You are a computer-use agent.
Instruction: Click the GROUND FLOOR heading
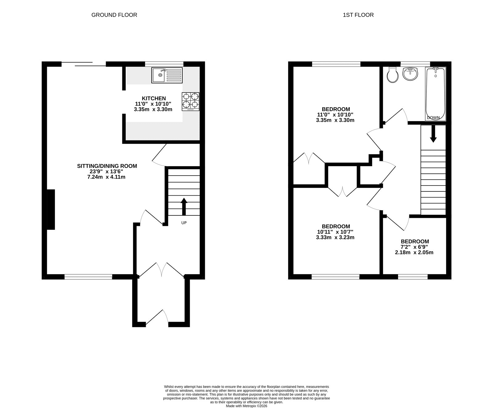coord(114,15)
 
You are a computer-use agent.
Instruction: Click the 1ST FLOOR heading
coord(358,15)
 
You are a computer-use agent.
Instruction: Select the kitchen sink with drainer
coord(167,75)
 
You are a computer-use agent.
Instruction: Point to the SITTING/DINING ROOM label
coord(107,166)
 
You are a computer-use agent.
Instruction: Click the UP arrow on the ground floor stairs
coord(184,206)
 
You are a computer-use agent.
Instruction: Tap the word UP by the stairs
coord(184,223)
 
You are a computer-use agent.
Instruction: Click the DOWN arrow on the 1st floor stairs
coord(433,134)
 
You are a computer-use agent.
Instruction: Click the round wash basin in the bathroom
coord(410,74)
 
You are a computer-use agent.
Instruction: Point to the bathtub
coord(435,94)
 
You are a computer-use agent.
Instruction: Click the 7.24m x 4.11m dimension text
coord(107,177)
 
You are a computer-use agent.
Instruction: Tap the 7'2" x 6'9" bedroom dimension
coord(414,247)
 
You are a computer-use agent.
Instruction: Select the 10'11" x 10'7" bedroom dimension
coord(335,232)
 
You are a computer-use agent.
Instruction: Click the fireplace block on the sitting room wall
coord(51,210)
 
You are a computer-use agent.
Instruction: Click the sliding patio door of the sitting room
coord(84,64)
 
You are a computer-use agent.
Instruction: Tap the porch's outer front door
coord(157,318)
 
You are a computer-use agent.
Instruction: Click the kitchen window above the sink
coord(164,64)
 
